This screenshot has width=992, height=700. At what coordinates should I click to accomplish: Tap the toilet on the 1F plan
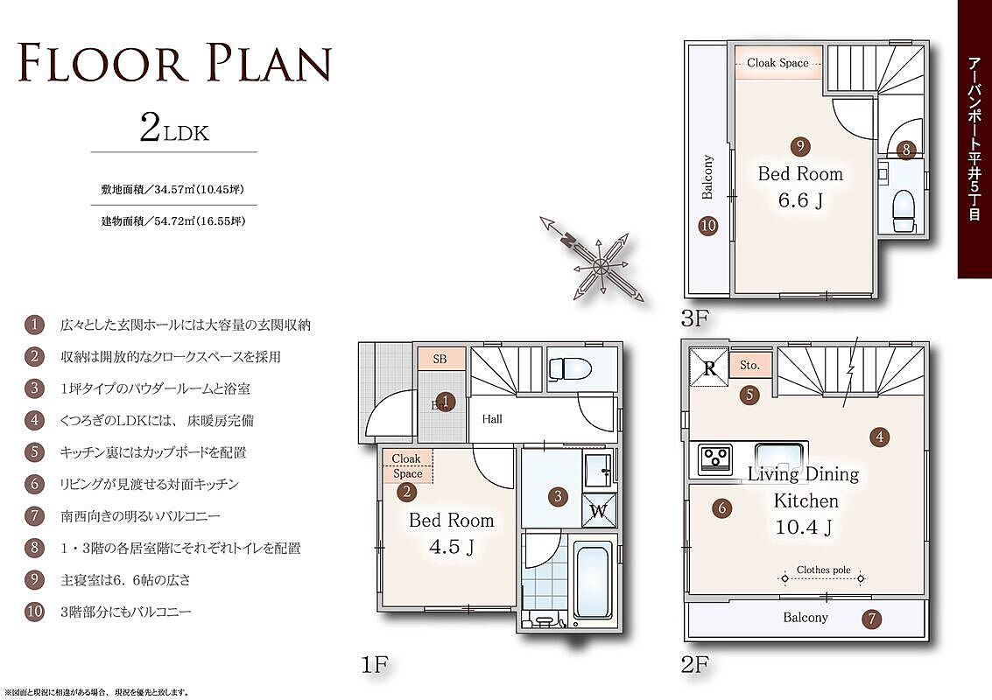coord(569,368)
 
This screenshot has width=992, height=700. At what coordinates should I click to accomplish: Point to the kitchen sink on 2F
coord(778,454)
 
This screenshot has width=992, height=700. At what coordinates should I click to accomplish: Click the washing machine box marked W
coord(598,509)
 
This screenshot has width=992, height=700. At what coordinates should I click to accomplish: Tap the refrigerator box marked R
coord(709,367)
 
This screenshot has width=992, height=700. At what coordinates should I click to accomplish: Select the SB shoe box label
coord(440,359)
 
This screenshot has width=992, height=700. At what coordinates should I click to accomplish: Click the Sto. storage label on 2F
coord(749,365)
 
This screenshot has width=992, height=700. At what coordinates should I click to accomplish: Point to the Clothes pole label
coord(824,570)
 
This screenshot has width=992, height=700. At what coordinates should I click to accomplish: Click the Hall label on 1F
coord(492,418)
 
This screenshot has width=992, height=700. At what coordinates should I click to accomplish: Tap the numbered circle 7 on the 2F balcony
coord(872,619)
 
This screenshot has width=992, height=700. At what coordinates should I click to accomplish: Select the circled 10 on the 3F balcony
coord(708,225)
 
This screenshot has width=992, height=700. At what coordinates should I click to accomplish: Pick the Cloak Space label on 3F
coord(777,63)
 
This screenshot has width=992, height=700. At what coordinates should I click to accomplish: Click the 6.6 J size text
coord(801,200)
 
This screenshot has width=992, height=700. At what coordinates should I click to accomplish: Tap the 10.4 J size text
coord(804,527)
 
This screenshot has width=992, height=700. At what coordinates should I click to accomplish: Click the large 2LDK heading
coord(174,129)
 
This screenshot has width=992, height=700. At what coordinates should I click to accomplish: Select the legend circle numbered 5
coord(34,452)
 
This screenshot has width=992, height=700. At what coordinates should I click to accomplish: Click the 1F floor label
coord(374,665)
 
